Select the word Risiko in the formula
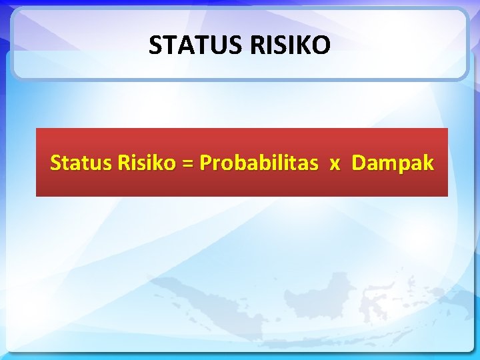142,163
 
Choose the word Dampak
393,163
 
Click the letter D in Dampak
358,163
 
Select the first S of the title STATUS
155,45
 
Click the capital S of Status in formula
56,163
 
